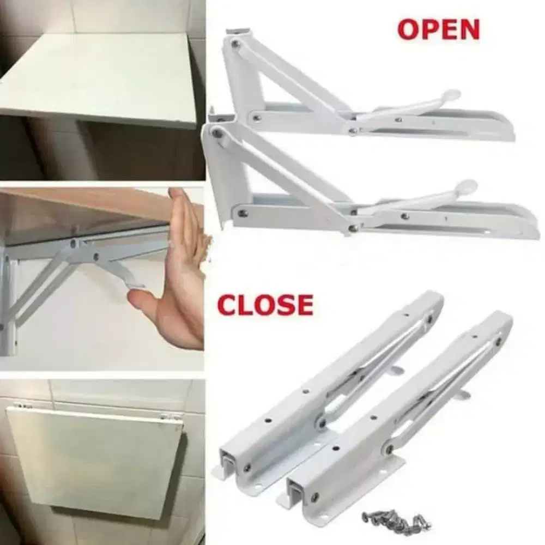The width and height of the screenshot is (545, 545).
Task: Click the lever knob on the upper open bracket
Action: (x=451, y=96)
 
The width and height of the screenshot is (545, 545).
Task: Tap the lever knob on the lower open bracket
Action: (x=467, y=186)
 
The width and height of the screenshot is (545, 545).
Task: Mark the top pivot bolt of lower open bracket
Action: (x=217, y=132)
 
